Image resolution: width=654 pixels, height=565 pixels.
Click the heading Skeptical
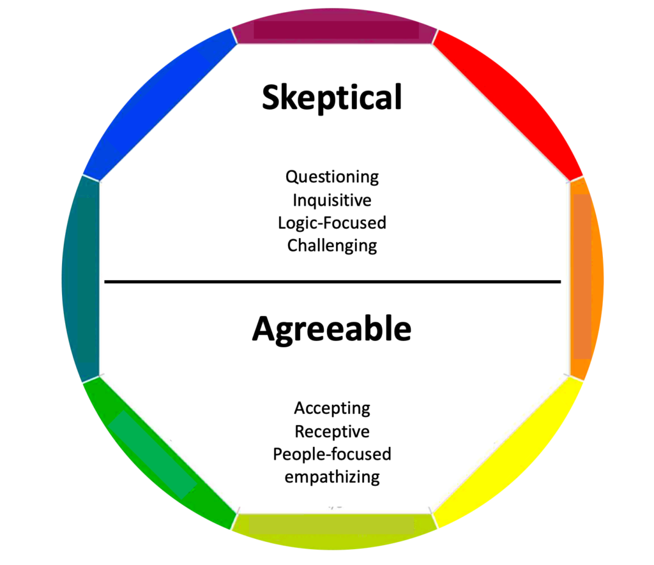click(332, 97)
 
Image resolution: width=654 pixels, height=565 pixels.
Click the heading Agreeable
click(331, 329)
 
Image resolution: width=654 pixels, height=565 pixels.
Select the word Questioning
click(332, 177)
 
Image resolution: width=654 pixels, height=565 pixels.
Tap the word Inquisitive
click(332, 200)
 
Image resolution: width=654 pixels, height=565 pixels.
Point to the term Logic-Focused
click(332, 223)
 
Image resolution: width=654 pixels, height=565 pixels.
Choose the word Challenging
click(332, 246)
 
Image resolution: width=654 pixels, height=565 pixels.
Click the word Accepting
click(332, 408)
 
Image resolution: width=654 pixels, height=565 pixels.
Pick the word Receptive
click(332, 432)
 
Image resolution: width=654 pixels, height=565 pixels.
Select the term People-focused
click(332, 454)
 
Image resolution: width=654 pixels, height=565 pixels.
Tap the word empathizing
click(332, 477)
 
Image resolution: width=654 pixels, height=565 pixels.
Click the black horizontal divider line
click(332, 282)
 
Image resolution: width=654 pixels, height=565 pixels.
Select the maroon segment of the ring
click(333, 26)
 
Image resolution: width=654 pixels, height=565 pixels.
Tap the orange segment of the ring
click(586, 278)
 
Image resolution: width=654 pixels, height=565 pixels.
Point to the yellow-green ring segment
click(333, 532)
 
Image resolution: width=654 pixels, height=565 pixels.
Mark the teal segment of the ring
click(80, 278)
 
